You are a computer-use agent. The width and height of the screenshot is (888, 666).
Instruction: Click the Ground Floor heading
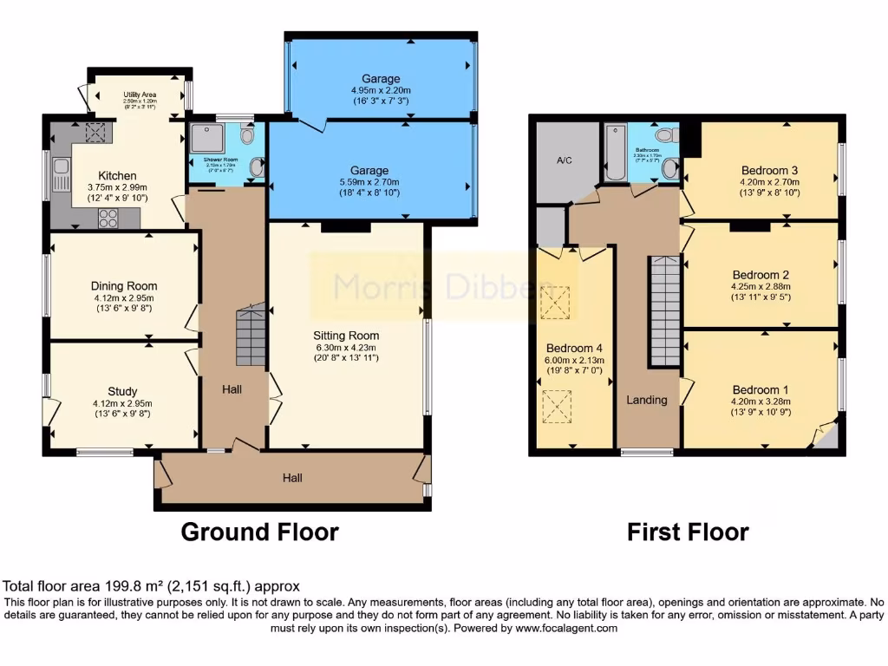coord(259,531)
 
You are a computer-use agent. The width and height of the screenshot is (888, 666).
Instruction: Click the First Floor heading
coord(688,531)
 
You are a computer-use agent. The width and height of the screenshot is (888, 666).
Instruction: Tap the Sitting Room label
coord(346,335)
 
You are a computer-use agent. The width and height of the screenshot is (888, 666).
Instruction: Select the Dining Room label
coord(124,285)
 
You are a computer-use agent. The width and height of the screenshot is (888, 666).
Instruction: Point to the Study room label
coord(122,391)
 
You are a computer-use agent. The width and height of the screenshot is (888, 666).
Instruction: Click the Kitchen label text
coord(117,174)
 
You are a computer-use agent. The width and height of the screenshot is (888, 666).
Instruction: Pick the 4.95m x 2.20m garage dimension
coord(381,90)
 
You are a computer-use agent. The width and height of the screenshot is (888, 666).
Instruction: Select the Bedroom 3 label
coord(769,170)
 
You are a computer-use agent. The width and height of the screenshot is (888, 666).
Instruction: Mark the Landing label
coord(647,400)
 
